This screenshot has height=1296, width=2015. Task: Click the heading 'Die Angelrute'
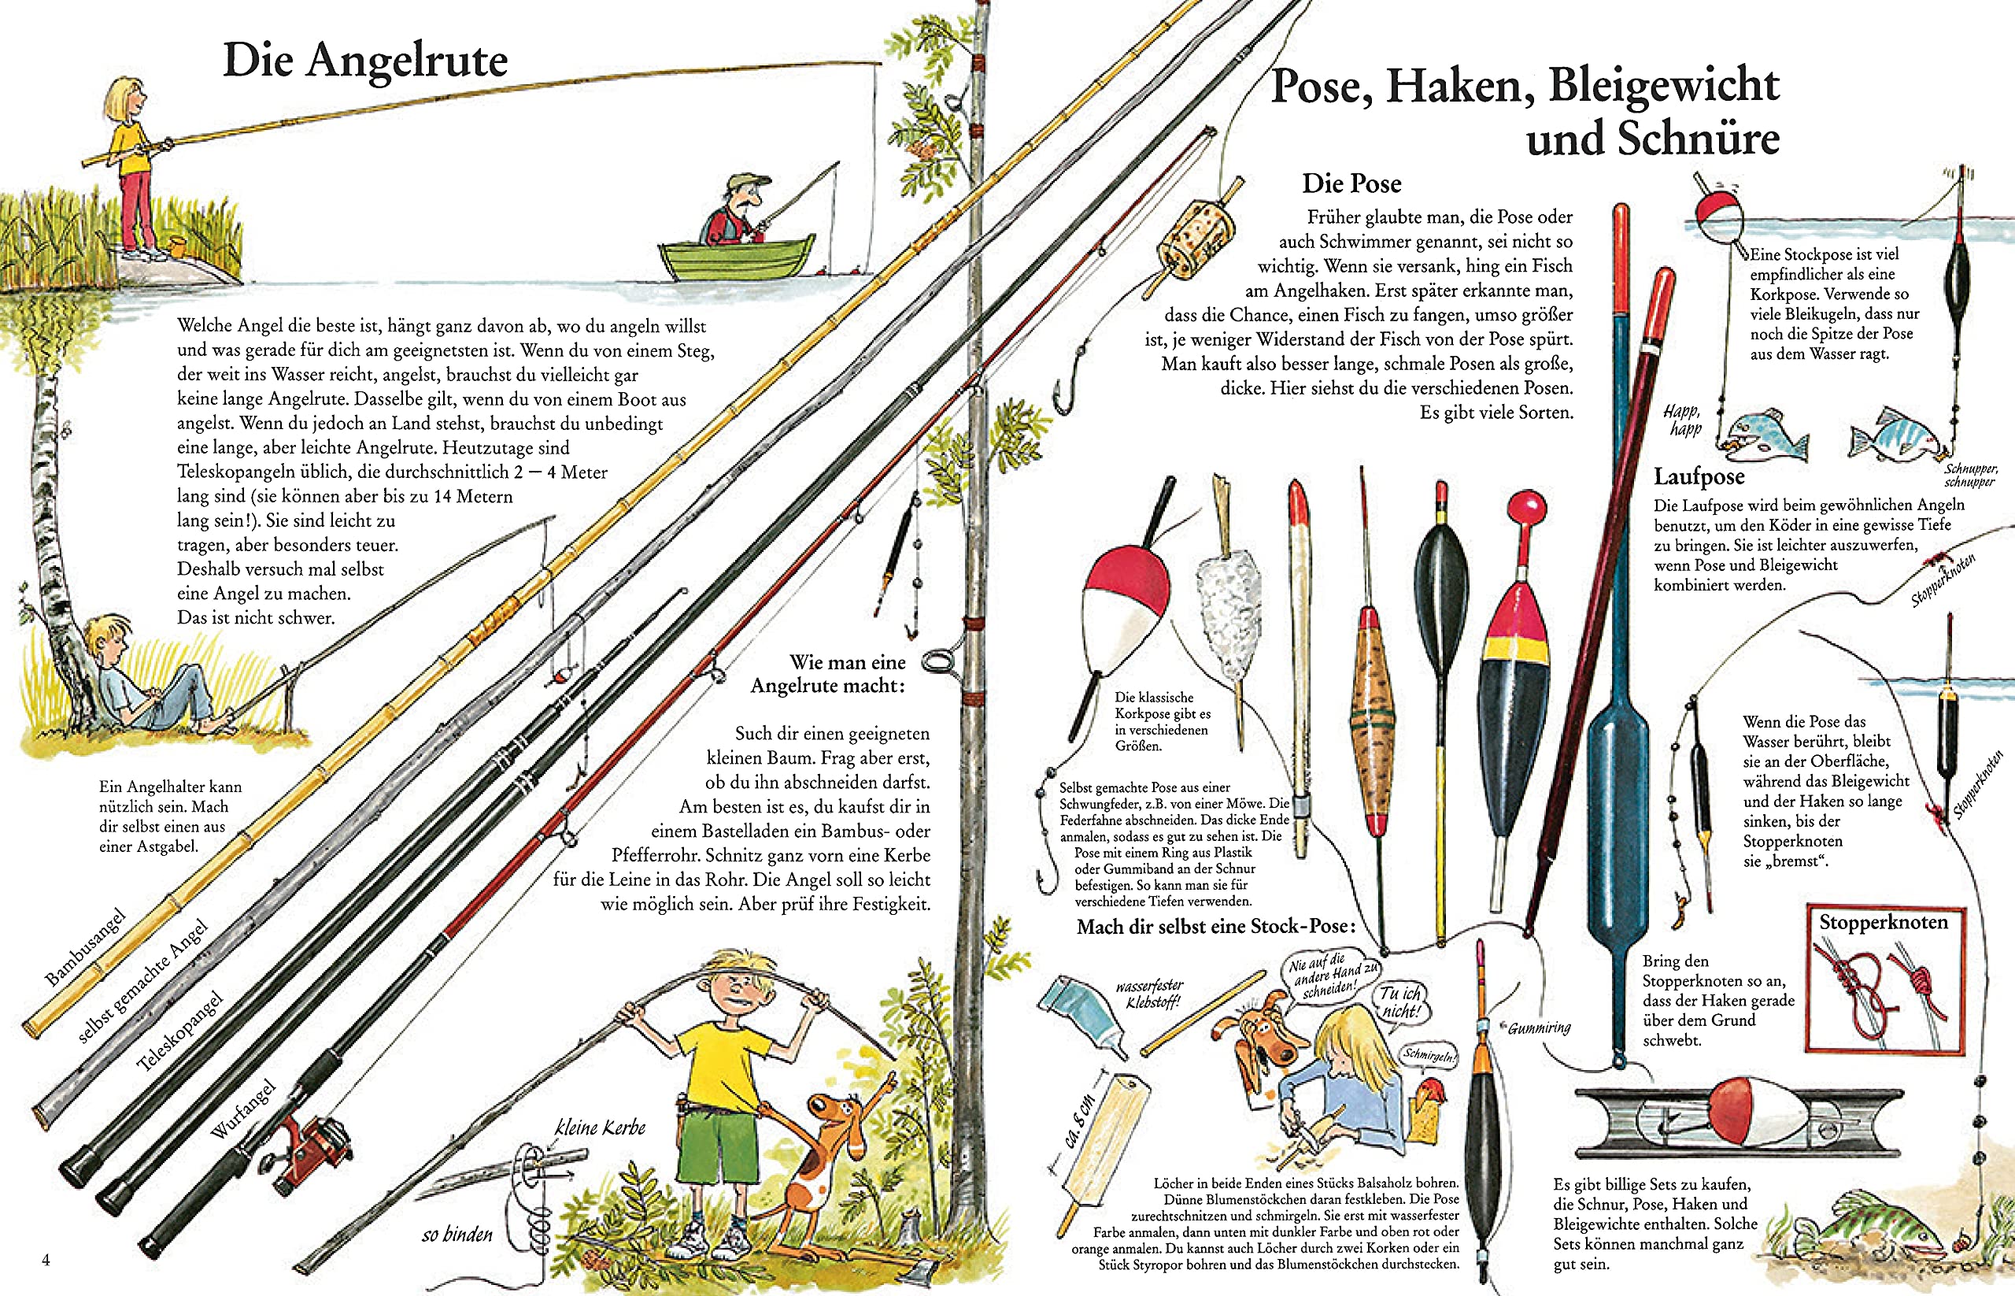(x=365, y=61)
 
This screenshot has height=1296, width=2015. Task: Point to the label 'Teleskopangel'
(x=180, y=1031)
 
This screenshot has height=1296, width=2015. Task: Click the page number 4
(x=46, y=1259)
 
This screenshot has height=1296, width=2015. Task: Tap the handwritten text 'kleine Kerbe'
(x=600, y=1128)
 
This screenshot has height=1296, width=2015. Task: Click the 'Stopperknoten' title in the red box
(x=1883, y=922)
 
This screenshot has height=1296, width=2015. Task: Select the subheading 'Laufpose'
(x=1699, y=477)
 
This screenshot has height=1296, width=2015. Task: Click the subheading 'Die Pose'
(x=1351, y=183)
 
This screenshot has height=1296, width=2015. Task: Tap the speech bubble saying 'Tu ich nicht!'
(x=1400, y=1002)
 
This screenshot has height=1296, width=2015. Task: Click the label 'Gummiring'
(x=1539, y=1028)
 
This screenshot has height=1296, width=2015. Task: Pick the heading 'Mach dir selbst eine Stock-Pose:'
(x=1216, y=927)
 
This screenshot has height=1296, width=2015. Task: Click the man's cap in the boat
(x=748, y=183)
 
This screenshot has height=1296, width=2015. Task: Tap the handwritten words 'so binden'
(x=457, y=1235)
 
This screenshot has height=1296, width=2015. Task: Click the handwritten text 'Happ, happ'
(x=1683, y=419)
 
